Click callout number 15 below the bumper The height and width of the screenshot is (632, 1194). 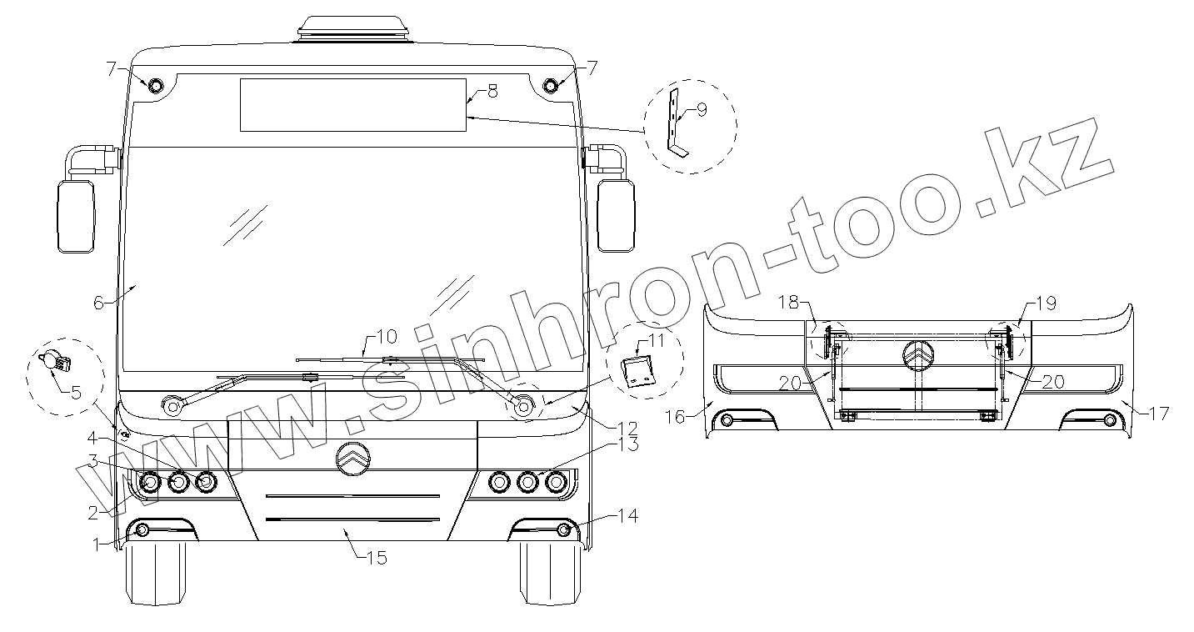coord(377,558)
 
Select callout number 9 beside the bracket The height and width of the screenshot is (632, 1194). coord(702,109)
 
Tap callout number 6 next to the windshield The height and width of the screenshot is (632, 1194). coord(98,303)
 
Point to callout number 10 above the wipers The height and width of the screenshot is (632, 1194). coord(387,337)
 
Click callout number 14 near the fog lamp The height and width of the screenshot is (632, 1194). coord(628,516)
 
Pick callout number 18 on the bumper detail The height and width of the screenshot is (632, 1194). coord(789,303)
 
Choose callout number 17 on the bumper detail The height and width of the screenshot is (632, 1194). coord(1159,414)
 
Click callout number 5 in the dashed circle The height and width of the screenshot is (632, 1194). coord(76,393)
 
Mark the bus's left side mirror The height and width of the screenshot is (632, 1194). coord(76,217)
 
